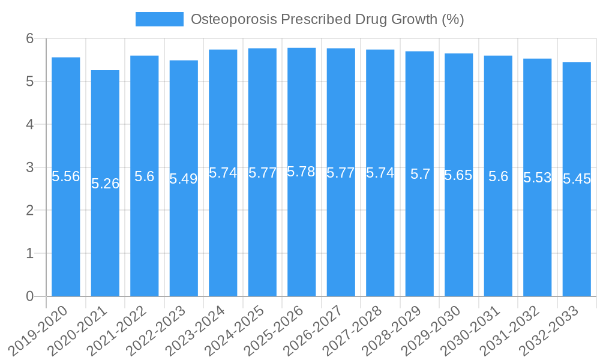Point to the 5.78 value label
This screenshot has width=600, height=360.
[301, 172]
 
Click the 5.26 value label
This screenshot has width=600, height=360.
[105, 184]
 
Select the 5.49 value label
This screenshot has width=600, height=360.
[184, 179]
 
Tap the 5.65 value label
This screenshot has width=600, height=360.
[458, 175]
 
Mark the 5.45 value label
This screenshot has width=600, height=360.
[577, 179]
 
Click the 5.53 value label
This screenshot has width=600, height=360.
[537, 178]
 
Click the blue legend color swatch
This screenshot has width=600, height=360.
[159, 19]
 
